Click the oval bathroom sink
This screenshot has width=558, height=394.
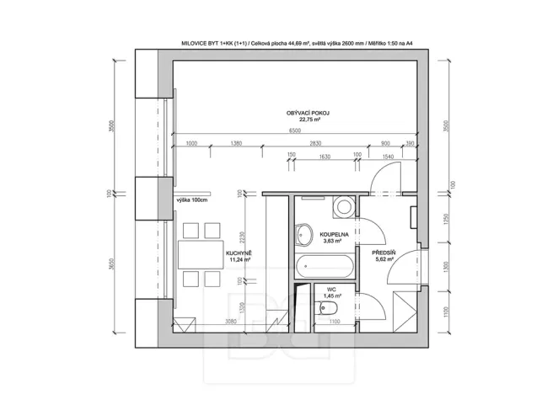pyautogui.click(x=304, y=232)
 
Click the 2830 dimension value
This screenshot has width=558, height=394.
pyautogui.click(x=317, y=144)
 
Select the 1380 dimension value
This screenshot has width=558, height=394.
pyautogui.click(x=235, y=144)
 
